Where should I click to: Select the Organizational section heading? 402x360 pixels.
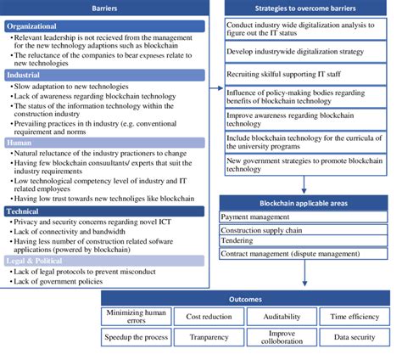tap(39, 25)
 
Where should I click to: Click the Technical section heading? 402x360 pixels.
tap(29, 211)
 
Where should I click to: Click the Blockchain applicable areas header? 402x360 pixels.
tap(309, 204)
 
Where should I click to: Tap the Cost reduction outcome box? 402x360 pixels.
tap(209, 317)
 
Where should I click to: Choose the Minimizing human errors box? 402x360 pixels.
tap(136, 317)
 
